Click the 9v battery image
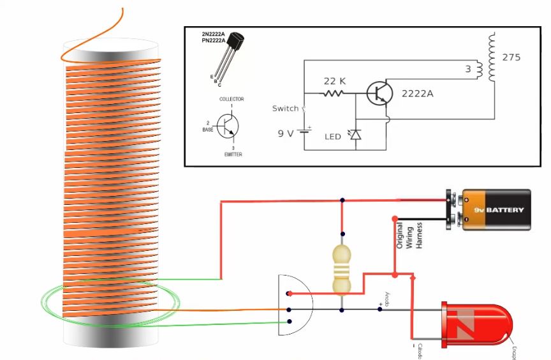[493, 209]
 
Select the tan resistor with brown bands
[342, 268]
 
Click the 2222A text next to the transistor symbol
[417, 93]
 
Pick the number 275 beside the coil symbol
[511, 57]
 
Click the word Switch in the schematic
[285, 109]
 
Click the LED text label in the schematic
[332, 137]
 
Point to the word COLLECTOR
[231, 100]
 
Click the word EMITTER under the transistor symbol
[232, 154]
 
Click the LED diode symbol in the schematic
[355, 135]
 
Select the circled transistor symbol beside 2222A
[380, 94]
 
